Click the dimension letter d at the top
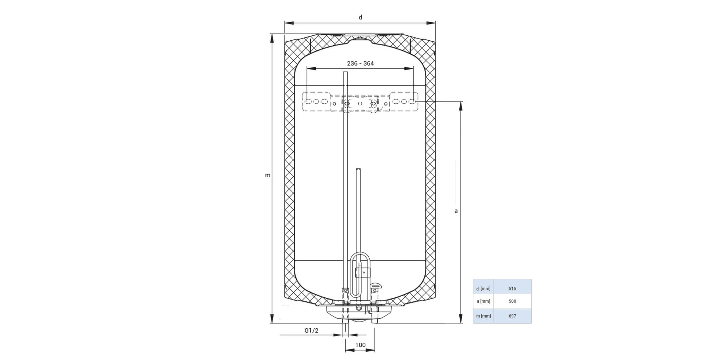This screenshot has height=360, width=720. click(360, 17)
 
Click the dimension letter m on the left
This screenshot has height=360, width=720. click(267, 175)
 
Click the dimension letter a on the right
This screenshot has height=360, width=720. click(456, 211)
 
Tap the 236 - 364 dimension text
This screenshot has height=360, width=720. click(360, 63)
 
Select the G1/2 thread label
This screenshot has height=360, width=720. click(311, 330)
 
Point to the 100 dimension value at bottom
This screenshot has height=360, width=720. click(360, 345)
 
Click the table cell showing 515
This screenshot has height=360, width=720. click(512, 288)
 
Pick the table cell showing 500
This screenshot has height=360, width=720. click(512, 301)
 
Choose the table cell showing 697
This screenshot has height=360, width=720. click(512, 316)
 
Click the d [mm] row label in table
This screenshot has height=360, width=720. click(483, 289)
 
